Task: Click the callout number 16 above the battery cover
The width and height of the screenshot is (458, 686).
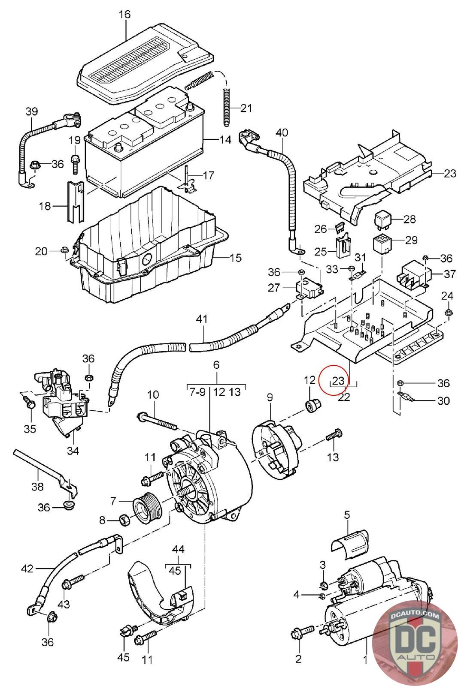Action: [x=124, y=15]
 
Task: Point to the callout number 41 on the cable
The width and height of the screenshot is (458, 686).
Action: [x=202, y=319]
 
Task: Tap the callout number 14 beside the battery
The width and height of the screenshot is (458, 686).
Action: [x=225, y=139]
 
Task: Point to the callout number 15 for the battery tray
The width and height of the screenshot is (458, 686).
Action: [x=235, y=258]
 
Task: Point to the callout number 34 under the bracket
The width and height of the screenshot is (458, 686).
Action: [x=73, y=451]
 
